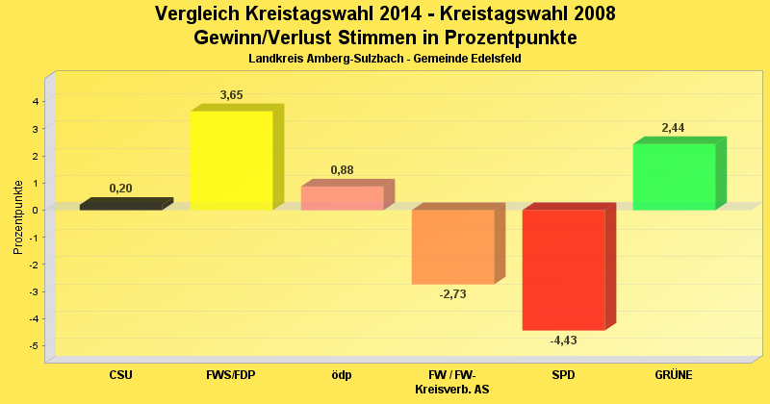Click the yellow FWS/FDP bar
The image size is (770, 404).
[231, 161]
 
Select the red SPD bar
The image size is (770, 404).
[563, 270]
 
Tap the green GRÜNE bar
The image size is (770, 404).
[674, 177]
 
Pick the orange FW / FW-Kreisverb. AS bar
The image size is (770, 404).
[452, 247]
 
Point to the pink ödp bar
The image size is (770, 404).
[342, 198]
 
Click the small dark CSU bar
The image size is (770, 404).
[120, 205]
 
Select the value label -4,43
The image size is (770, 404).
[563, 341]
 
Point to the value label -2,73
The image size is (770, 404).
[452, 294]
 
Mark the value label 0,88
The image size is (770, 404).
[343, 170]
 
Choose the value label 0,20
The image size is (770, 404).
[121, 189]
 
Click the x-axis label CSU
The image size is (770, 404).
[121, 374]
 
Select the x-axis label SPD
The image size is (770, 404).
[563, 374]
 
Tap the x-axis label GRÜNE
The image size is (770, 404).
[674, 374]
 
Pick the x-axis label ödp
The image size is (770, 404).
[342, 374]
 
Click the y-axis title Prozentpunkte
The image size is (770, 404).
[18, 217]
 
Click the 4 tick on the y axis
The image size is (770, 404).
[36, 101]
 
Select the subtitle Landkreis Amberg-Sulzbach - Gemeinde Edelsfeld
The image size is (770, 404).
[385, 60]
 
